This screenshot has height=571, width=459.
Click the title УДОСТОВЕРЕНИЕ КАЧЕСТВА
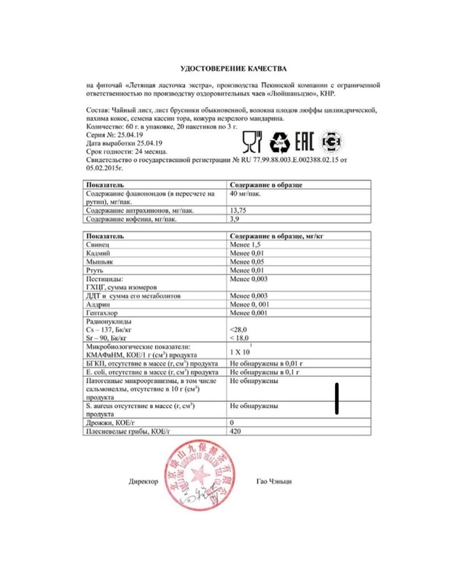click(229, 69)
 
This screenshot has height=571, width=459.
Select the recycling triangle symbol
click(279, 142)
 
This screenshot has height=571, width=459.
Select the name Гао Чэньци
click(275, 482)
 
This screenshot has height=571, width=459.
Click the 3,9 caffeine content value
click(235, 219)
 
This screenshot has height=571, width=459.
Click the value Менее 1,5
click(247, 247)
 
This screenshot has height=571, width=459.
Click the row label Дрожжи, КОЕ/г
click(111, 422)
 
